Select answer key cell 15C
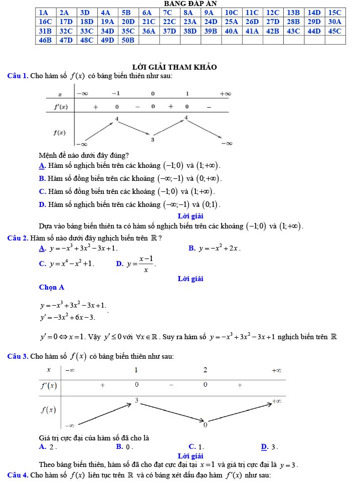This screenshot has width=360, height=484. pos(334,13)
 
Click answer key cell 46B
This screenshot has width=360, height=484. pos(45,40)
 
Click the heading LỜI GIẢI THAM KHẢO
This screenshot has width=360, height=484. pos(174,67)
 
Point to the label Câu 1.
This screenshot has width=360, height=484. pos(18,76)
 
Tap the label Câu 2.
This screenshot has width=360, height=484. pos(18,237)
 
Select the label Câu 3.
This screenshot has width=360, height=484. pos(18,356)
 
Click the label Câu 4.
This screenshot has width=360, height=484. pos(18,474)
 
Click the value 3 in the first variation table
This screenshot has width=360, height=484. pos(152,139)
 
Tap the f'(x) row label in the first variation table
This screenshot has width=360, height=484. pos(61,107)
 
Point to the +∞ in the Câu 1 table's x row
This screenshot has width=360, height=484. pos(225,94)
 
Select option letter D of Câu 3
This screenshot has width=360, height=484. pos(264,446)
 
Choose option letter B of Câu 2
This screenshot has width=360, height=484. pos(192,248)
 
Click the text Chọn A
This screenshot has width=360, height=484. pos(52,288)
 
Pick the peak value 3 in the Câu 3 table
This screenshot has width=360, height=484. pos(136,401)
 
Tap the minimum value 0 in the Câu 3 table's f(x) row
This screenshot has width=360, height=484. pos(205,425)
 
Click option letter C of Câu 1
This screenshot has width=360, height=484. pos(42,191)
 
